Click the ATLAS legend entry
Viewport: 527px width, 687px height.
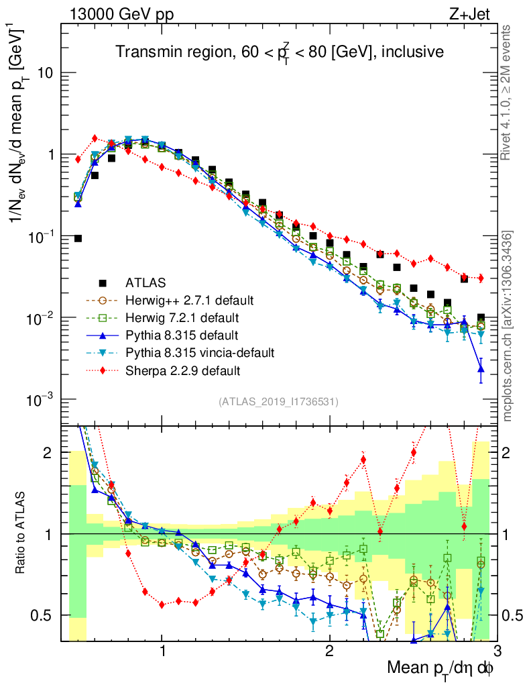point(144,281)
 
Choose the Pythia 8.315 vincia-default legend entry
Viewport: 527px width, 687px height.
point(199,352)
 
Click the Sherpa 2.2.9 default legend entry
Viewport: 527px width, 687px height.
point(182,370)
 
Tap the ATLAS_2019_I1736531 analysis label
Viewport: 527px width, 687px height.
point(278,402)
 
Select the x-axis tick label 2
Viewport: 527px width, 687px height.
point(329,651)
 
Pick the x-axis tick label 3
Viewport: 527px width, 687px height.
point(496,651)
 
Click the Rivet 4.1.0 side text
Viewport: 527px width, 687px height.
point(507,93)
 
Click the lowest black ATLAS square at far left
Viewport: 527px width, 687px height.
point(78,238)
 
